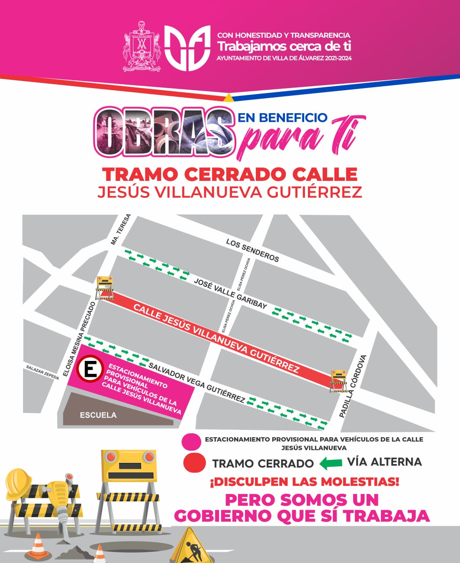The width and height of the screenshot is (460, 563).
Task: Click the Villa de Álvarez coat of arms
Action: click(142, 47)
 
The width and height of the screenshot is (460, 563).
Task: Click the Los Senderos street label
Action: click(252, 250)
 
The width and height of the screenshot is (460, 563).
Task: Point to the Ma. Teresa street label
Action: click(120, 229)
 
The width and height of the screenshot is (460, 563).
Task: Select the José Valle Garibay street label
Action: click(230, 294)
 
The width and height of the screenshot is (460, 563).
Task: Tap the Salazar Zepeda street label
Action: click(42, 373)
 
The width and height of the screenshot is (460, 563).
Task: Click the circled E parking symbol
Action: click(90, 370)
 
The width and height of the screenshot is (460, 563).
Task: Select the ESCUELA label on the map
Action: click(98, 415)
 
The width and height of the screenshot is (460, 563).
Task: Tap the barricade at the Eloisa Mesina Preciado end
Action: click(105, 288)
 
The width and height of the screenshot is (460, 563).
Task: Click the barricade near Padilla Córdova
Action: click(338, 381)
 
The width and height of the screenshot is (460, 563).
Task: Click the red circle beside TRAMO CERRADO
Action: click(194, 463)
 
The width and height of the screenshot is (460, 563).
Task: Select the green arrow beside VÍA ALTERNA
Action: click(331, 463)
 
